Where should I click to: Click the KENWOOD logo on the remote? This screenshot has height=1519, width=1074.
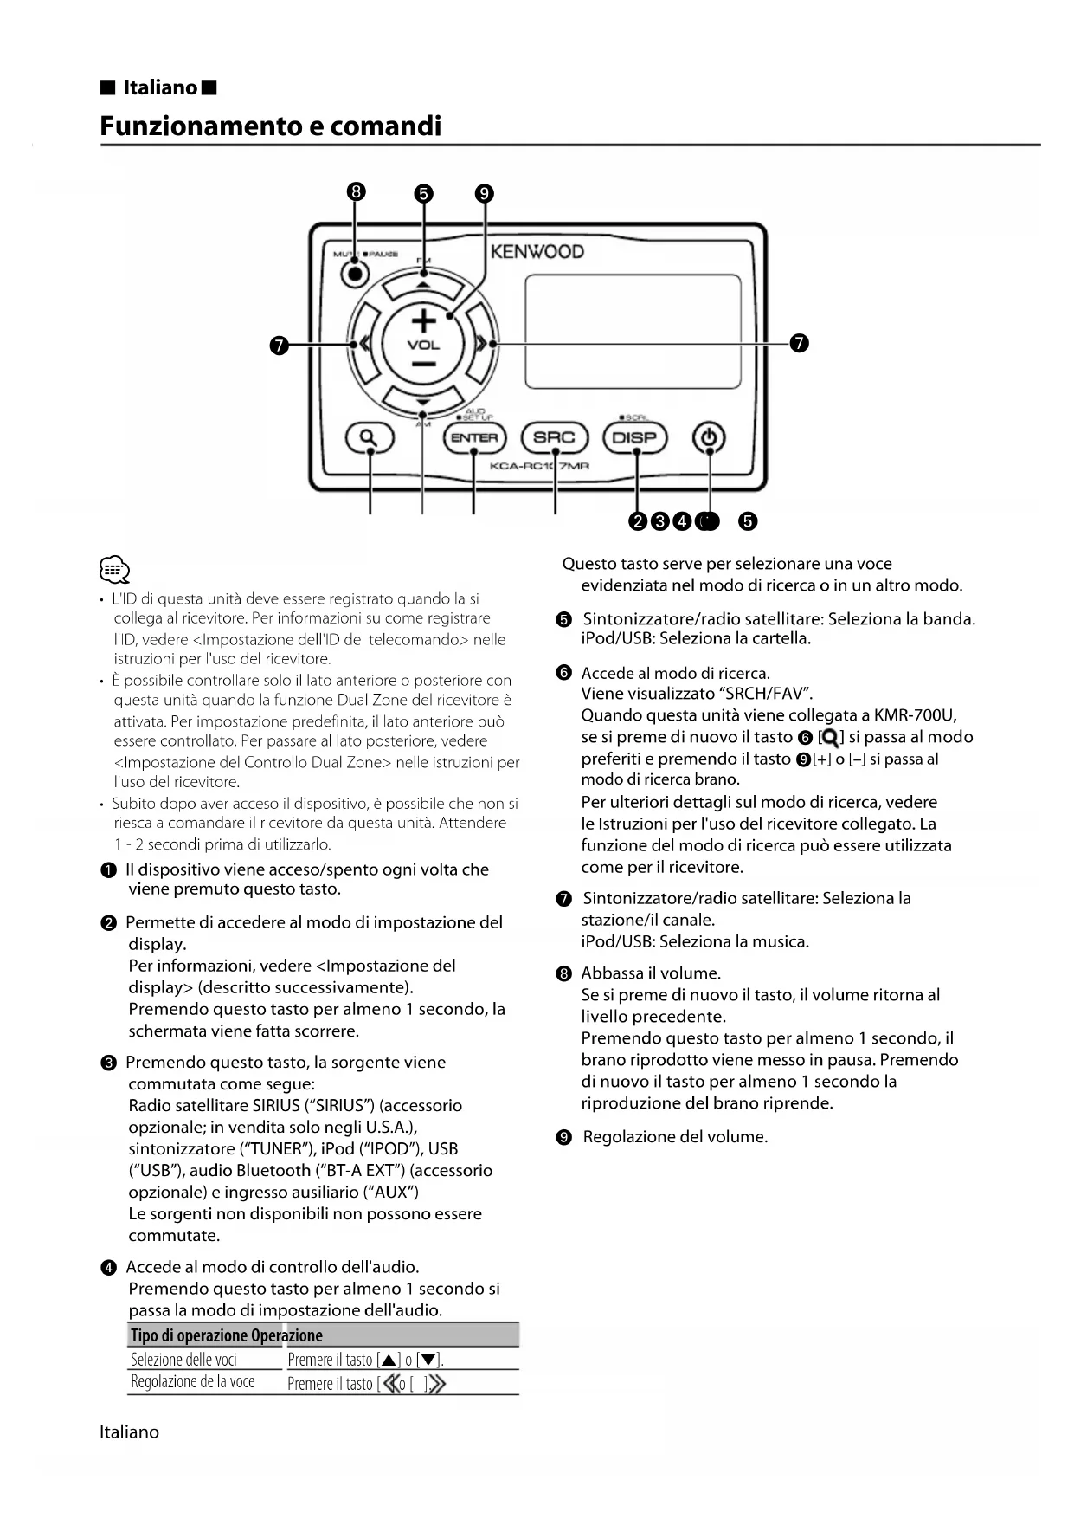537,252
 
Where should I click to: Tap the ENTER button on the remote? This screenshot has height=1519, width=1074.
473,438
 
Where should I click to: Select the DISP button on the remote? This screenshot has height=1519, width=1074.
634,438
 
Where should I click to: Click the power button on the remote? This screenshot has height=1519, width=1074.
709,438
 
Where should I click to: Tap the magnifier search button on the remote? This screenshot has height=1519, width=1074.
370,438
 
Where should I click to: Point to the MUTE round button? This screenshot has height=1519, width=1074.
353,274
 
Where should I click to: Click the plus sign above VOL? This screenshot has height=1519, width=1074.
423,321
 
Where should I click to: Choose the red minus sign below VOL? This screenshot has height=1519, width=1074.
423,364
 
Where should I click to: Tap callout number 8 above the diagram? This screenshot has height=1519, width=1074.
356,192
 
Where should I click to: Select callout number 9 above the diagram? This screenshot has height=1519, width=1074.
485,193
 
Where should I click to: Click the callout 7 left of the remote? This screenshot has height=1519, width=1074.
279,345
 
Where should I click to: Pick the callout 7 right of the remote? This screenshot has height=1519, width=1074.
800,344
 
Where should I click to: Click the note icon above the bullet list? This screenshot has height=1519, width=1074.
114,570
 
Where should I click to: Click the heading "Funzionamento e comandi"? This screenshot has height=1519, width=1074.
270,126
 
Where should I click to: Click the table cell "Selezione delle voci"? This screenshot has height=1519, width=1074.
183,1360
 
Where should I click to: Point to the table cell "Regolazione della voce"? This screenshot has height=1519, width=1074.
192,1382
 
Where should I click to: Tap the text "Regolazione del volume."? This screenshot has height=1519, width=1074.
675,1137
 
